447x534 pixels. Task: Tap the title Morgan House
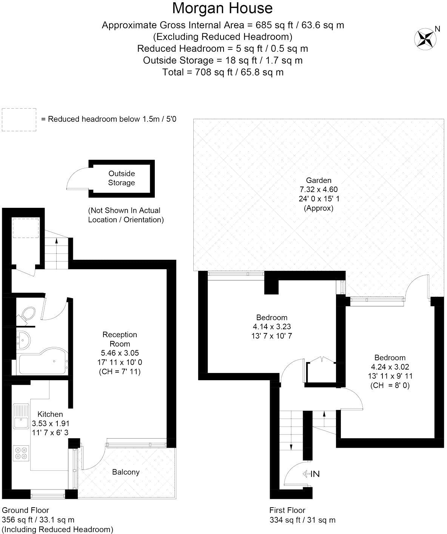[x=222, y=8]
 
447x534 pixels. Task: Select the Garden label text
[x=319, y=180]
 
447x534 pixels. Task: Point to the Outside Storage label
[x=122, y=178]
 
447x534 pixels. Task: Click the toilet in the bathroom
[x=28, y=314]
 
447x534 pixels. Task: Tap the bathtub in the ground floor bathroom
[x=42, y=364]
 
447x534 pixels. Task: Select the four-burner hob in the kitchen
[x=21, y=453]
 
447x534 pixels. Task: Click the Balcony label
[x=126, y=472]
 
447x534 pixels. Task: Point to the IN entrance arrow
[x=311, y=474]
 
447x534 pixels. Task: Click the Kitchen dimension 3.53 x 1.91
[x=51, y=424]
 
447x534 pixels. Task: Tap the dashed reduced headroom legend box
[x=19, y=120]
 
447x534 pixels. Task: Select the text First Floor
[x=287, y=510]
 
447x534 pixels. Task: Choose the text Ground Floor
[x=25, y=510]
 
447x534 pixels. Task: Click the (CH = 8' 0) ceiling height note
[x=390, y=385]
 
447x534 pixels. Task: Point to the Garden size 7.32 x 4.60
[x=319, y=189]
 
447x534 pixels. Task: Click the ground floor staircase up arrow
[x=57, y=241]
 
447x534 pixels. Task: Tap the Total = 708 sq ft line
[x=223, y=72]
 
